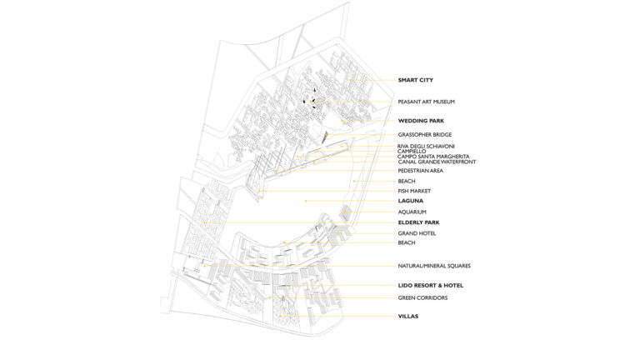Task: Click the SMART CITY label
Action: point(416,80)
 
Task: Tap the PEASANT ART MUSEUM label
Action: point(426,102)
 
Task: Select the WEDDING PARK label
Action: point(421,121)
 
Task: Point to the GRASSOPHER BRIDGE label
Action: point(424,135)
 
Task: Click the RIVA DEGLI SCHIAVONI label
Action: point(426,146)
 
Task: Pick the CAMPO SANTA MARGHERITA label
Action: point(433,157)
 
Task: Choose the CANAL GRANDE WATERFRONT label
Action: point(437,162)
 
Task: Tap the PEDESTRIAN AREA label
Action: point(420,171)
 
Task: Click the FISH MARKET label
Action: point(414,191)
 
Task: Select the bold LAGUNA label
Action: point(411,201)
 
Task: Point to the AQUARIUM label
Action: point(412,212)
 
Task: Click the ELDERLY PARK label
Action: point(419,222)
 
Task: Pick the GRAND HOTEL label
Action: point(417,233)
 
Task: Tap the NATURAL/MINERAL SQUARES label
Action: point(434,266)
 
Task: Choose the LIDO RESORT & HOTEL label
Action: point(431,286)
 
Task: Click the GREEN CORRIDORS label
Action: point(422,298)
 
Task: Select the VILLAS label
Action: point(408,317)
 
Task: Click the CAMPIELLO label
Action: point(412,152)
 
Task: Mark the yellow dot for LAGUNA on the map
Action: point(306,201)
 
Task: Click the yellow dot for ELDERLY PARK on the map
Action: point(205,222)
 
